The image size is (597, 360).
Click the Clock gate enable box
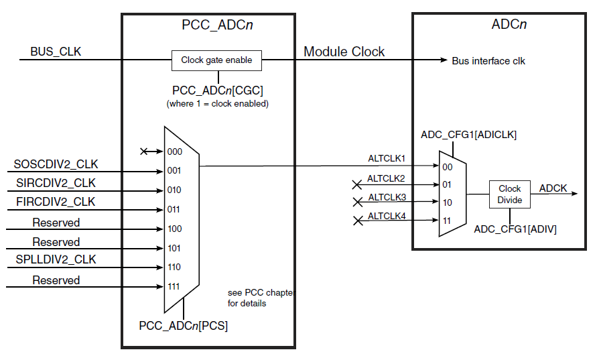tap(216, 60)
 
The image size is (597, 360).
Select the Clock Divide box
tap(510, 194)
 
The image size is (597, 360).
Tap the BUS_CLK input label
tap(56, 52)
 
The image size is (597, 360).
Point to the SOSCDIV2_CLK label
tap(56, 164)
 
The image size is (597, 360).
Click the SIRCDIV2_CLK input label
tap(56, 183)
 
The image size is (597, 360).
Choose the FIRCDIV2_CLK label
tap(56, 202)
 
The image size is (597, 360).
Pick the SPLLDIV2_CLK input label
tap(56, 259)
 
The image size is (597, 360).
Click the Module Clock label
tap(344, 52)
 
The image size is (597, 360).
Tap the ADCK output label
tap(553, 188)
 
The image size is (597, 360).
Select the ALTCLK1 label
tap(387, 159)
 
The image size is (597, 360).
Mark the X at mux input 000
tap(144, 152)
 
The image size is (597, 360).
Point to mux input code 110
tap(174, 267)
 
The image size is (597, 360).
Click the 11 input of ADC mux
tap(447, 221)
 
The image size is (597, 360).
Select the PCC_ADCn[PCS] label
tap(184, 326)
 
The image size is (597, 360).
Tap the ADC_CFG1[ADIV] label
tap(515, 229)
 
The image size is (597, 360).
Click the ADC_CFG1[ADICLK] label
tap(469, 135)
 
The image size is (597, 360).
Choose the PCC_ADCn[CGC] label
tap(217, 90)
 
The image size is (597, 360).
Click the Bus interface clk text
tap(488, 61)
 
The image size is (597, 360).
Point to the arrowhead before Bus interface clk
tap(444, 60)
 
